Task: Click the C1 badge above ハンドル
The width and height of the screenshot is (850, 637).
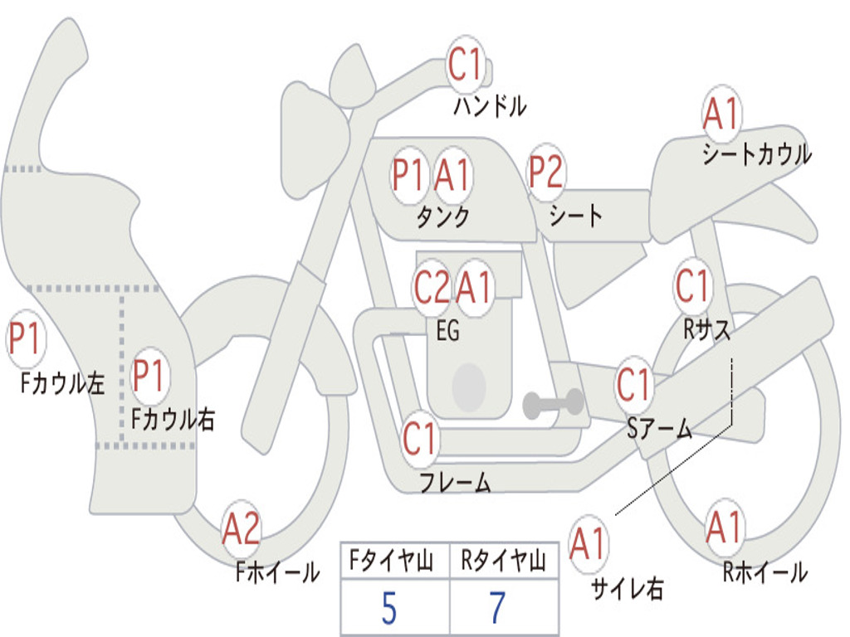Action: tap(466, 64)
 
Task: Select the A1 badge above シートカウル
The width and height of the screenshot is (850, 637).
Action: tap(721, 114)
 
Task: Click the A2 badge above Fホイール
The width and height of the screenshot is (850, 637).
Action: tap(241, 530)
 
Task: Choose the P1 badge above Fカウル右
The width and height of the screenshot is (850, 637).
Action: tap(150, 376)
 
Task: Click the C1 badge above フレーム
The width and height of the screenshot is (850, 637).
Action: tap(419, 439)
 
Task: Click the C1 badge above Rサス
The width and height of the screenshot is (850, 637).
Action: tap(692, 286)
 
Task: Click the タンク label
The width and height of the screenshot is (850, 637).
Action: tap(442, 217)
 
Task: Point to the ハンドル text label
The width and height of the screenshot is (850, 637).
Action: tap(490, 106)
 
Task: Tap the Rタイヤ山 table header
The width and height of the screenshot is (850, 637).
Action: tap(503, 564)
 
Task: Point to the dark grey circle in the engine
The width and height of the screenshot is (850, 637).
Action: tap(469, 385)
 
